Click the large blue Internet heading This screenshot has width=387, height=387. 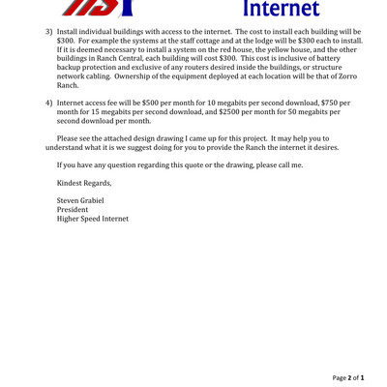(280, 11)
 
